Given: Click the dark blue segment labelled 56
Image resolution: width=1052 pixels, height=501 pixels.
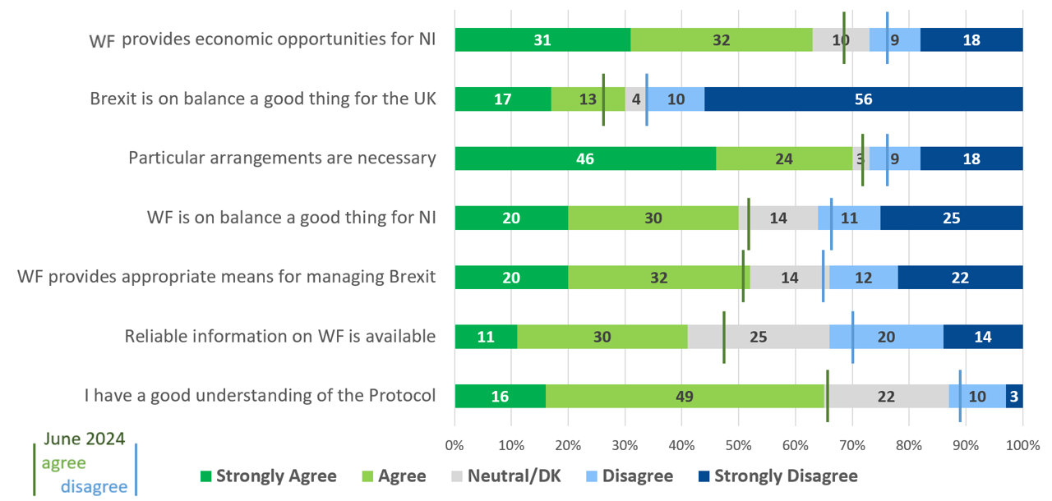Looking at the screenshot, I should click(863, 99).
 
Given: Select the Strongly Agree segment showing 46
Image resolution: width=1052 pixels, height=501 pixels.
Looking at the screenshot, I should click(584, 159).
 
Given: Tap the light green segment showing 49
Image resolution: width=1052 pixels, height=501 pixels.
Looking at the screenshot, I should click(685, 396).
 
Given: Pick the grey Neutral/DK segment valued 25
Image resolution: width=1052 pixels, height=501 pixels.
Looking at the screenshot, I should click(758, 337).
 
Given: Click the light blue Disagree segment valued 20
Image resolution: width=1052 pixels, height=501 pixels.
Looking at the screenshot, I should click(885, 337).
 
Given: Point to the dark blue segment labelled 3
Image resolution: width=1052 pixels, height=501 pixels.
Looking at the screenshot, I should click(1014, 396).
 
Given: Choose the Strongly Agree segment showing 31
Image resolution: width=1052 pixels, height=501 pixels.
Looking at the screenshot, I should click(542, 39).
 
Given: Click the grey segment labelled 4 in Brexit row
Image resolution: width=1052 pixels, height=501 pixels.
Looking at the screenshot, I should click(636, 99).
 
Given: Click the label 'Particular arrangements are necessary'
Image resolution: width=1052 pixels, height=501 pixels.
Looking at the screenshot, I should click(282, 158).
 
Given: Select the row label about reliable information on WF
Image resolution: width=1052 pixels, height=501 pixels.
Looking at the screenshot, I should click(279, 336).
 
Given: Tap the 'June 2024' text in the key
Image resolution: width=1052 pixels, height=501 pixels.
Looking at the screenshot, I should click(85, 439).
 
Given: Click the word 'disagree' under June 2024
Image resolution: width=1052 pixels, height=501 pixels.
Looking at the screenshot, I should click(94, 486).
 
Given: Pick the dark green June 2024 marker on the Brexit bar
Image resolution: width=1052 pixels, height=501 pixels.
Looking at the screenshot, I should click(603, 99).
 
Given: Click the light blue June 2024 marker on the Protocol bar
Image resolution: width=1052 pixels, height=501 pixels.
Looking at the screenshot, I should click(960, 396).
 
